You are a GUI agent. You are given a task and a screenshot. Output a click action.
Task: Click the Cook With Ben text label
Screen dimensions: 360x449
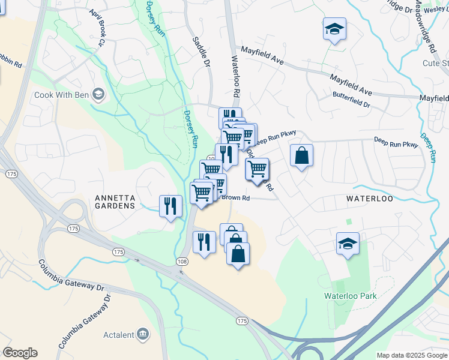point(62,95)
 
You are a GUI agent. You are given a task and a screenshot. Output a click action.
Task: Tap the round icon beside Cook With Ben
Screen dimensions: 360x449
point(99,94)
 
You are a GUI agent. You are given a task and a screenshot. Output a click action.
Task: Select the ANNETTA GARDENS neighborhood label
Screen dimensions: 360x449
point(115,202)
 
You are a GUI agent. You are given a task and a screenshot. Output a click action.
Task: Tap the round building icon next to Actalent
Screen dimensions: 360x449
point(143,334)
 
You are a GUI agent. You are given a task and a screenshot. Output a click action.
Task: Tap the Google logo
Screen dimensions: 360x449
point(20,353)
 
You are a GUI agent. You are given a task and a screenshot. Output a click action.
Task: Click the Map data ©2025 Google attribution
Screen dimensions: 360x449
point(412,355)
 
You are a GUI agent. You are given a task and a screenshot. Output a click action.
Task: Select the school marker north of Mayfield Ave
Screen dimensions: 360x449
point(334,29)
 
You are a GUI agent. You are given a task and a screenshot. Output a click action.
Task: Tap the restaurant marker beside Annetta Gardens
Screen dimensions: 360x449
point(170,206)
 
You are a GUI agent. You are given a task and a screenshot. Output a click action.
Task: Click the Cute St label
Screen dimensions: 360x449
point(436,63)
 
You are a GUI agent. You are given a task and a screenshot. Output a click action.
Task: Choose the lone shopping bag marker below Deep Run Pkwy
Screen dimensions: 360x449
point(301,155)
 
